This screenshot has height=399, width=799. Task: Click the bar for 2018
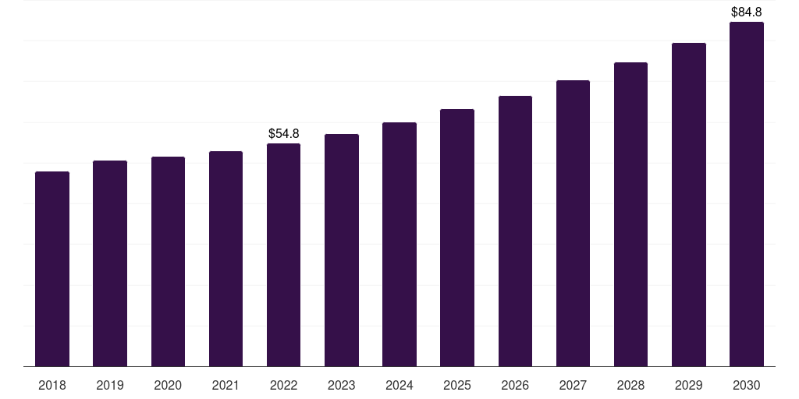[x=52, y=269]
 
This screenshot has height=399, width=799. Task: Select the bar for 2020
[x=168, y=261]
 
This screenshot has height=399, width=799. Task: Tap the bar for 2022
[x=283, y=255]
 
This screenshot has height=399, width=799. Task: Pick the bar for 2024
[x=399, y=244]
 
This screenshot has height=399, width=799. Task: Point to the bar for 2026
[x=515, y=231]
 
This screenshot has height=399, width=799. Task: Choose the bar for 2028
[x=630, y=214]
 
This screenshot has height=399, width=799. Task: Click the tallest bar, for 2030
[x=746, y=194]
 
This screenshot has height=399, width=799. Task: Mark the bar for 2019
[x=110, y=263]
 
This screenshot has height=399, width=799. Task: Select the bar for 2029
[x=688, y=204]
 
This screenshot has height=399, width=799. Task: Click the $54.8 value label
[x=283, y=134]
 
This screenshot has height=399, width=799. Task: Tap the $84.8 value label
[x=746, y=12]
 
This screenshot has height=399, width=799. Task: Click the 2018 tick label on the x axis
[x=52, y=385]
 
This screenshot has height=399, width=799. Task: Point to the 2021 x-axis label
[x=225, y=385]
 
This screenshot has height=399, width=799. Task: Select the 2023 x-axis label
[x=341, y=385]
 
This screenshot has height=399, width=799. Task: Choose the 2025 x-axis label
[x=457, y=385]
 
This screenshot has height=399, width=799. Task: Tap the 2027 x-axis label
[x=573, y=385]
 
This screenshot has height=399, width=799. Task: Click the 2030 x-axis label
[x=746, y=385]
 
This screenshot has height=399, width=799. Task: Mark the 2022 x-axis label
[x=283, y=385]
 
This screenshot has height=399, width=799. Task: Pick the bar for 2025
[x=457, y=238]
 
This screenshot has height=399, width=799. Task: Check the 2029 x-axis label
[x=688, y=385]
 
